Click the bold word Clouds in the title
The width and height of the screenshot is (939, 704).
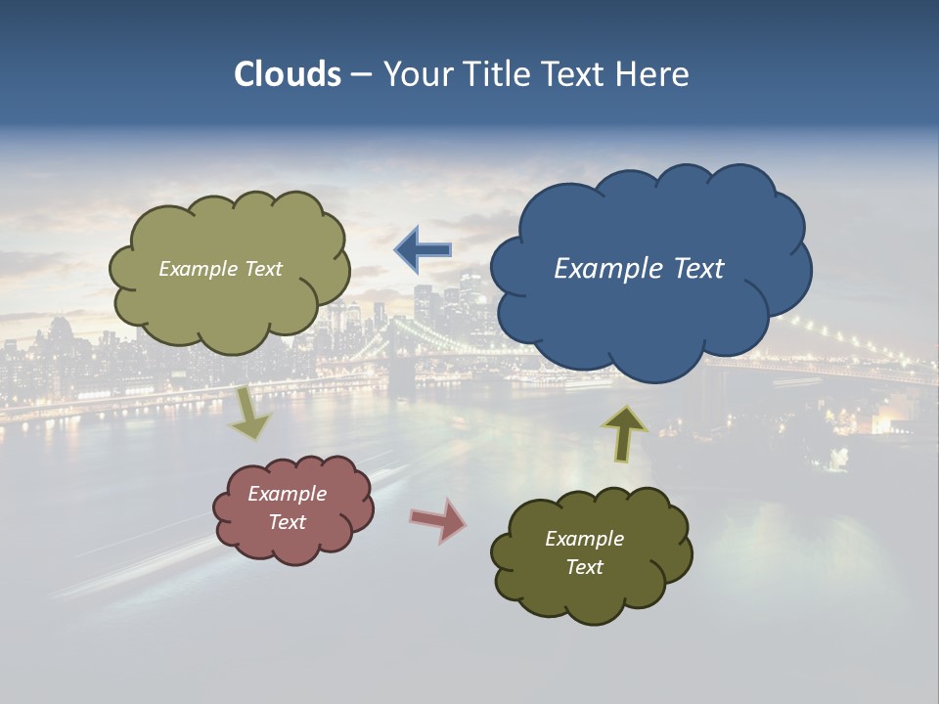pos(287,74)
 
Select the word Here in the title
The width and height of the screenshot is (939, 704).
pos(653,74)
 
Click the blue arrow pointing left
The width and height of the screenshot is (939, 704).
pos(423,250)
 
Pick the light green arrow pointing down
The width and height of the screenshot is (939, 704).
pos(251,413)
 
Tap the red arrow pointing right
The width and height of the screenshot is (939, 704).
pos(438,519)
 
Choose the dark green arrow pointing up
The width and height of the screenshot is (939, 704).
pos(625,432)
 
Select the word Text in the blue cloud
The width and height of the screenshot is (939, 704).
pos(698,269)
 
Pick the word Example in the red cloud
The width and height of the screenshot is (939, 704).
pos(288,494)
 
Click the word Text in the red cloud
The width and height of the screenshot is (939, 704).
pos(288,522)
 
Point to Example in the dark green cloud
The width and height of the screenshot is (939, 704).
pos(584,539)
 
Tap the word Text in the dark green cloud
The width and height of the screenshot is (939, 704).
pos(584,567)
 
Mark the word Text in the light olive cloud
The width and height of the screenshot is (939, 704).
pos(263,269)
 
